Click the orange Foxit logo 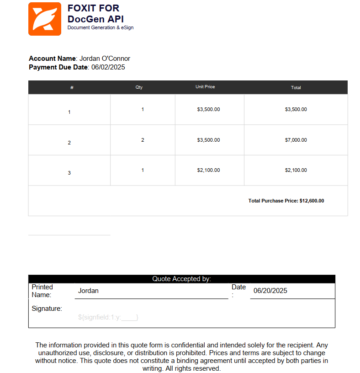click(x=45, y=19)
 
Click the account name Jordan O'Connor click(x=105, y=59)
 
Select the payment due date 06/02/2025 click(x=108, y=67)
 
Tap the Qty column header click(x=139, y=87)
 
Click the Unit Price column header click(x=205, y=87)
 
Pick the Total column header click(x=296, y=87)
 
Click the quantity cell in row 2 click(x=143, y=140)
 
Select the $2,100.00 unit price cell click(x=208, y=170)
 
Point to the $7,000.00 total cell click(x=296, y=140)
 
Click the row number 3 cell click(x=69, y=173)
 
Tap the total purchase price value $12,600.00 click(x=312, y=201)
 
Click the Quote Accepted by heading click(x=182, y=279)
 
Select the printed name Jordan click(x=88, y=291)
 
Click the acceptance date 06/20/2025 click(x=270, y=291)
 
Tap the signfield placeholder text click(x=108, y=317)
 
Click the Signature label click(x=47, y=309)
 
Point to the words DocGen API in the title click(x=95, y=19)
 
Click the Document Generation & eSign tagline click(x=101, y=28)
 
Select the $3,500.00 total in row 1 click(x=296, y=109)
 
